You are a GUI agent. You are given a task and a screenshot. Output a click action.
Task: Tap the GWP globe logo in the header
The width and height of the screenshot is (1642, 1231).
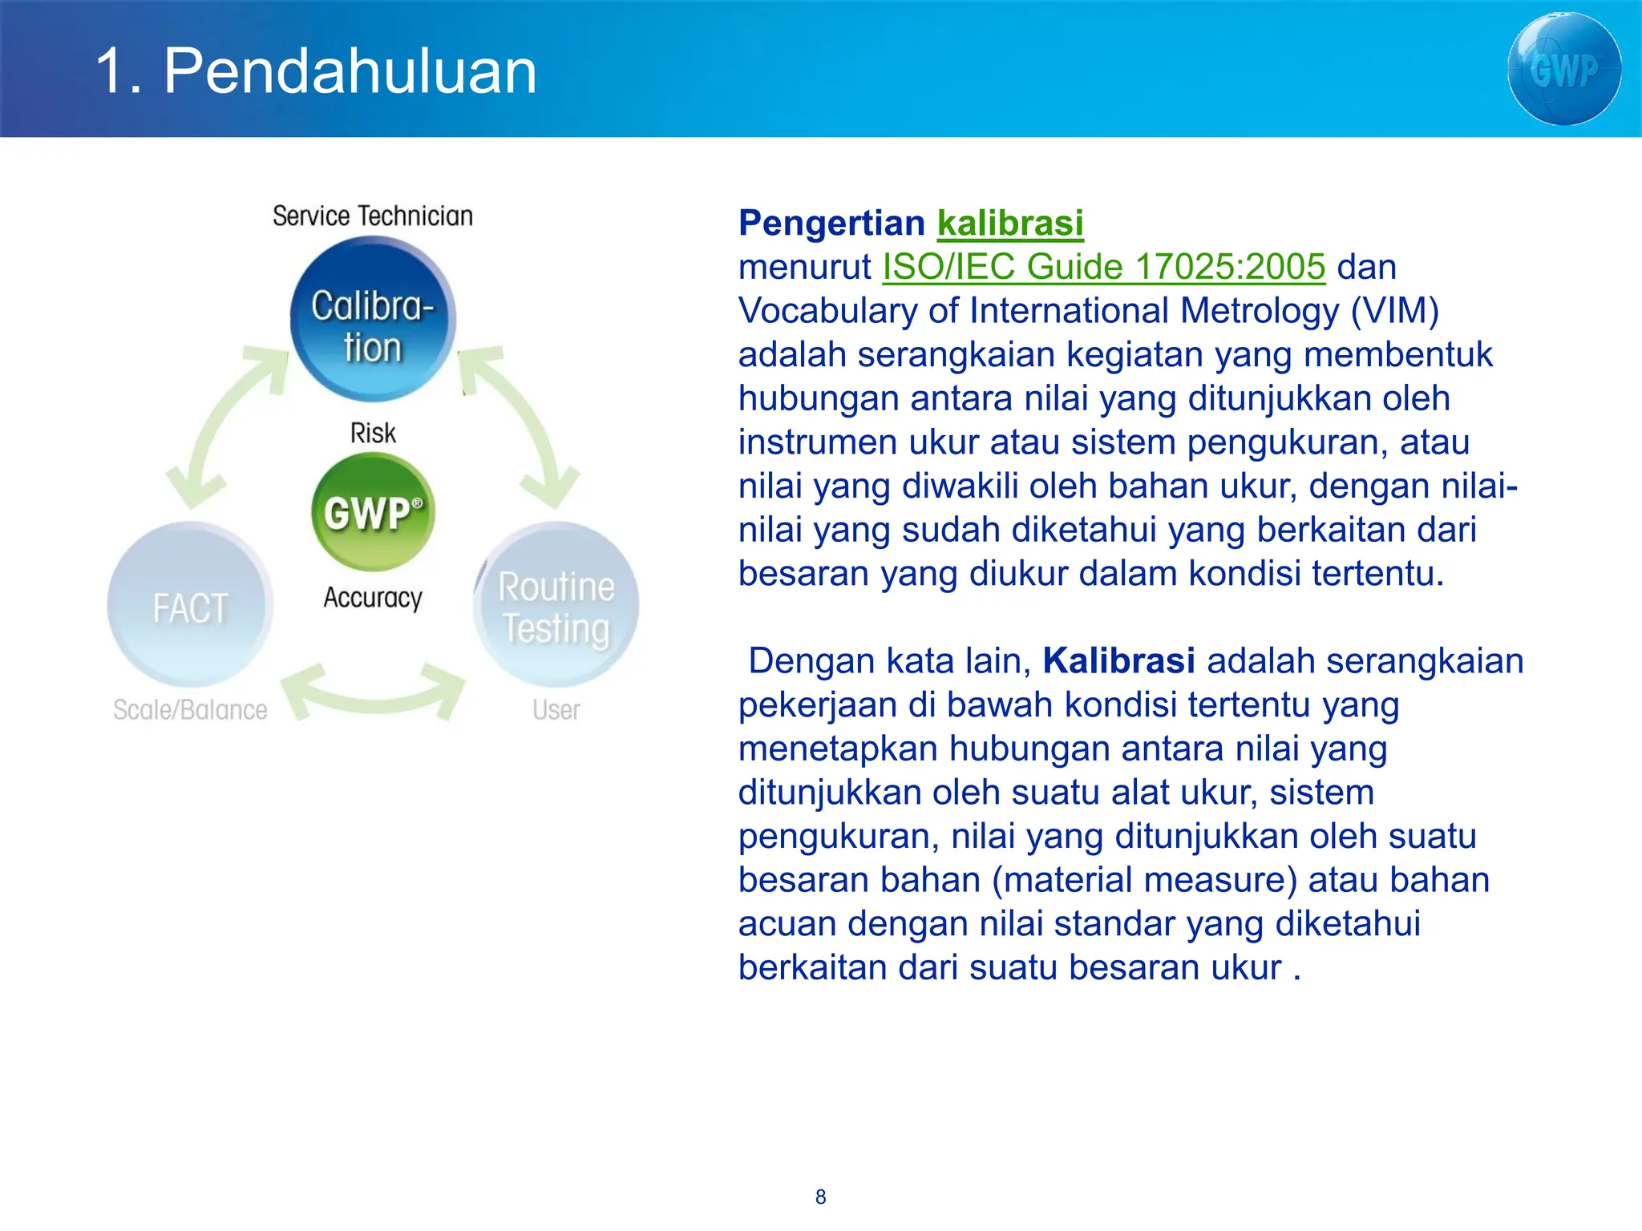click(1563, 69)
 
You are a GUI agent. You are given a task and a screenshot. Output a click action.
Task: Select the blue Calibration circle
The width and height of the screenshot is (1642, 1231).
click(373, 321)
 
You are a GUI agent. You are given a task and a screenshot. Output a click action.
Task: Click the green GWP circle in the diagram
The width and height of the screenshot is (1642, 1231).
click(373, 511)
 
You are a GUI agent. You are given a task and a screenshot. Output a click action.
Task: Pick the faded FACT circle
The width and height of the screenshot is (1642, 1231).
click(190, 605)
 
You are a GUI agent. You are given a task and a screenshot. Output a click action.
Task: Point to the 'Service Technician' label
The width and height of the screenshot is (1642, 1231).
click(373, 216)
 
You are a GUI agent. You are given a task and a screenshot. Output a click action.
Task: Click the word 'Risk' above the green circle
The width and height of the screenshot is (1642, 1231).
click(373, 433)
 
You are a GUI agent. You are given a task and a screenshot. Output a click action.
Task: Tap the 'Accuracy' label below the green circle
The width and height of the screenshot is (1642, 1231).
click(373, 597)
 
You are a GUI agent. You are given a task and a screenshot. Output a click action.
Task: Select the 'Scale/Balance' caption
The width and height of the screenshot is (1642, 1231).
click(190, 710)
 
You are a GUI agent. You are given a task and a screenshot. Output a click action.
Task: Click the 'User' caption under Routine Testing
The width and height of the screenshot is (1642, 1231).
click(556, 710)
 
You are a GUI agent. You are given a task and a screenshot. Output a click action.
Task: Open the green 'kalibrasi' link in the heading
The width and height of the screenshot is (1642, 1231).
click(1010, 223)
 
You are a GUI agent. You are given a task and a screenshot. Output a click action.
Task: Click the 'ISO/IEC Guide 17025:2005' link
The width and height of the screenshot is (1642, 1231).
click(1104, 267)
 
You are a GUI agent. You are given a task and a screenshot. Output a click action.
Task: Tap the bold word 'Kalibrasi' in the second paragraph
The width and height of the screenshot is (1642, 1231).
click(1118, 661)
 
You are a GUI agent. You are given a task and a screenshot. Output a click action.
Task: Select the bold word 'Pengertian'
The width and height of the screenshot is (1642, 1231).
click(831, 223)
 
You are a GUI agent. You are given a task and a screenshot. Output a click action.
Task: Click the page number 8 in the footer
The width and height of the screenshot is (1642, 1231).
click(820, 1197)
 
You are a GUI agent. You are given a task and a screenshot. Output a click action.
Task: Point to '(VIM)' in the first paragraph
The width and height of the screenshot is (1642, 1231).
click(1394, 311)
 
